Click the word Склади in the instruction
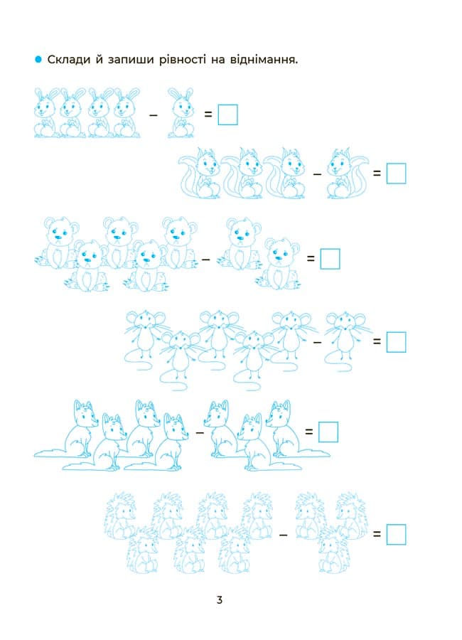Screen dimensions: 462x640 pos(68,60)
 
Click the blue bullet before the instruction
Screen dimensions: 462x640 pos(38,60)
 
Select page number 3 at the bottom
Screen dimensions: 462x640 pos(220,599)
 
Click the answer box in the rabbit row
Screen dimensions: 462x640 pos(227,114)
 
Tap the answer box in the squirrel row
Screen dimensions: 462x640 pos(397,174)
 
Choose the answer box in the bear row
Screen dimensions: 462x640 pos(331,259)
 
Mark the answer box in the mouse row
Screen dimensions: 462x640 pos(397,342)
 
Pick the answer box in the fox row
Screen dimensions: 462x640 pos(328,432)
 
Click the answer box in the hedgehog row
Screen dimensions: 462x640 pos(397,534)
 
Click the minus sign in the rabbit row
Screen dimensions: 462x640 pos(154,115)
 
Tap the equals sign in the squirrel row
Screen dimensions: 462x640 pos(377,174)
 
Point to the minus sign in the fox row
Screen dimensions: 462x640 pos(200,432)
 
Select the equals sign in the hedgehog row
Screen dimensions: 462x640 pos(377,534)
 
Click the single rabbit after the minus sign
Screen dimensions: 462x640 pos(181,112)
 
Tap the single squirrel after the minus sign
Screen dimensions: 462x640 pos(347,174)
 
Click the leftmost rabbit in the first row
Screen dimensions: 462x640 pos(45,112)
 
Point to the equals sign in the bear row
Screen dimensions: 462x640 pos(311,258)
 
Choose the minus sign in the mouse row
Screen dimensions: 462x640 pos(317,342)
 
